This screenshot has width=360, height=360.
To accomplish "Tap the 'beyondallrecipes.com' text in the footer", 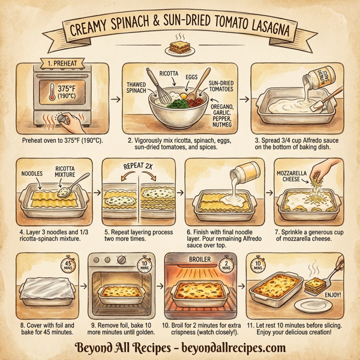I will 238,348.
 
